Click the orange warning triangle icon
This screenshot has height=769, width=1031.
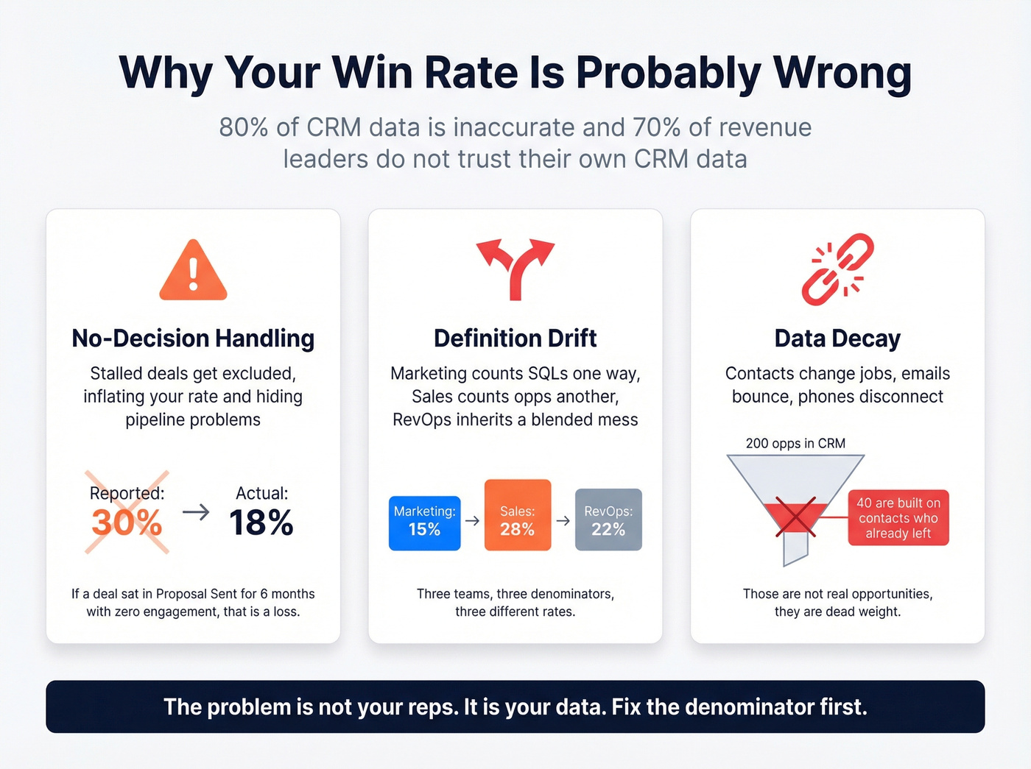pos(193,272)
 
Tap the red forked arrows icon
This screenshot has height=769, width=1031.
pos(515,268)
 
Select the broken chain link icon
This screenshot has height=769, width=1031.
pos(837,269)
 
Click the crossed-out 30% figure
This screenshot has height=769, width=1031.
pos(127,522)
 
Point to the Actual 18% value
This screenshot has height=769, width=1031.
pos(261,522)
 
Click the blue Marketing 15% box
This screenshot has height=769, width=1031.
pos(424,523)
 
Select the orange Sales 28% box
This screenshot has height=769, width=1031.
pos(517,515)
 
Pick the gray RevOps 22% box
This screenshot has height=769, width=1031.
pos(608,520)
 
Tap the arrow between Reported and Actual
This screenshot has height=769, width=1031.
pos(196,511)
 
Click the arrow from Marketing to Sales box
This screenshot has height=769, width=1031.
pos(472,521)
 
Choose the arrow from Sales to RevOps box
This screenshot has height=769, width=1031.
pos(563,521)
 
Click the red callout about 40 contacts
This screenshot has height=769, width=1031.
pos(898,518)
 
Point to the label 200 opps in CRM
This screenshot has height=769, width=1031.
pos(795,443)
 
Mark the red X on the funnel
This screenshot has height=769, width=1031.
pos(796,517)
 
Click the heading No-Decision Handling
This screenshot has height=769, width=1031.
pos(193,339)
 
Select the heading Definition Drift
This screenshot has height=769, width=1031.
pos(515,339)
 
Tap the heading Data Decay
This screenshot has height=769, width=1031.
pos(837,339)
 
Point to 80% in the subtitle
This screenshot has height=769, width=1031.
pos(243,127)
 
